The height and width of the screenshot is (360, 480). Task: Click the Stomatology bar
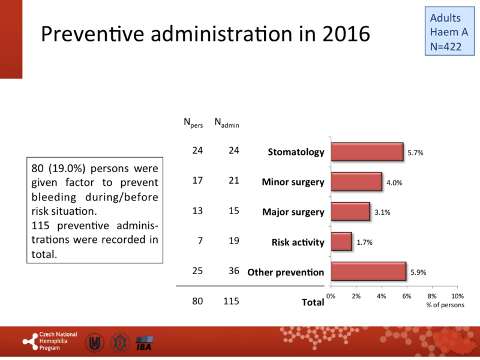(367, 152)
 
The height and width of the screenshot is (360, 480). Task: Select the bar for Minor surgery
(356, 182)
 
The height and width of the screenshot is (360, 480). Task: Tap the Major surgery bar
(350, 212)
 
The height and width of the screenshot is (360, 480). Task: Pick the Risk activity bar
(341, 242)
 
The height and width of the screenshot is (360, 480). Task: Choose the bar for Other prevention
(368, 272)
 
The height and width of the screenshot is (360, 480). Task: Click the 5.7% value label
(416, 153)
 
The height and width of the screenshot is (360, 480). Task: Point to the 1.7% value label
(364, 242)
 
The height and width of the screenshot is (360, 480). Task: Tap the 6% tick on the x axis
(407, 296)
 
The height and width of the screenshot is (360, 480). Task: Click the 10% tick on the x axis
(457, 296)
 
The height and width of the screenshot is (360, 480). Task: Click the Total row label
(313, 302)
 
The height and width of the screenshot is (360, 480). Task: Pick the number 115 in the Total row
(230, 302)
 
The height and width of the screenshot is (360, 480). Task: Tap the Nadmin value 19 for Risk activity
(233, 242)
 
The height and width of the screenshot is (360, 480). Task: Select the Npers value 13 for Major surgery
(197, 212)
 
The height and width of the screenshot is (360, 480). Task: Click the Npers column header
(193, 122)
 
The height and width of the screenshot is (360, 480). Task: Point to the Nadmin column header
(227, 122)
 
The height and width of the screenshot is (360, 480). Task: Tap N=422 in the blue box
(446, 46)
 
